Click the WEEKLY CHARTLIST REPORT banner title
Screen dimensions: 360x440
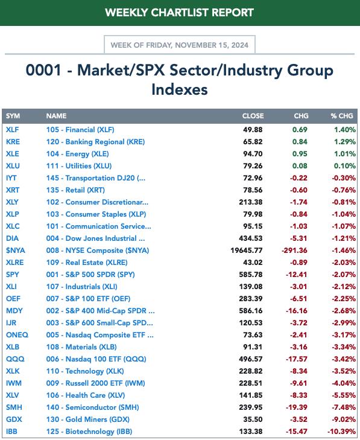point(180,13)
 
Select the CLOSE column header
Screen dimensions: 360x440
point(253,116)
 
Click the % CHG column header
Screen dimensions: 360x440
point(342,116)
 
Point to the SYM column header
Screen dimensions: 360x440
point(13,116)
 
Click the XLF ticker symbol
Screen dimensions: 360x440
point(12,130)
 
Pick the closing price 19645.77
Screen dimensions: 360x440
point(247,250)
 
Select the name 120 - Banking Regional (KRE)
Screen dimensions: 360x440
point(95,142)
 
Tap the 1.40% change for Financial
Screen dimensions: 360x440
point(345,130)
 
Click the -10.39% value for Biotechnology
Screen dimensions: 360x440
point(341,432)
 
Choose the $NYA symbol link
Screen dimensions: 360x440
point(16,250)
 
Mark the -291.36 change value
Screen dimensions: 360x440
point(294,250)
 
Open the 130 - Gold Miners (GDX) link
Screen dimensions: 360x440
point(88,419)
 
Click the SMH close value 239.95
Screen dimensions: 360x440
point(251,407)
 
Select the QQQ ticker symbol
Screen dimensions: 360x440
point(15,359)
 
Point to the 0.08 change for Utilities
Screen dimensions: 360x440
point(300,166)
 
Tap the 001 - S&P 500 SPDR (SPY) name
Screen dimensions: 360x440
point(90,275)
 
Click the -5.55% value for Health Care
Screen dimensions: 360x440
point(344,395)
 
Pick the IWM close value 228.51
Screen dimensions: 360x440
point(251,383)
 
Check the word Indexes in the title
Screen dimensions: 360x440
point(180,89)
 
